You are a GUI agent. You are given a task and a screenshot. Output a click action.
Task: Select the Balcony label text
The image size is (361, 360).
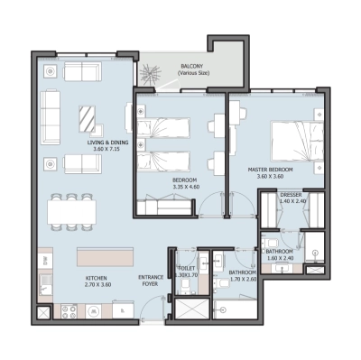(190, 67)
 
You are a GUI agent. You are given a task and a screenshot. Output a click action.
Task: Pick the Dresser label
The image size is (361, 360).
(290, 195)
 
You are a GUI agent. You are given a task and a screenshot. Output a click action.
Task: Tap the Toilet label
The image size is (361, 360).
(187, 268)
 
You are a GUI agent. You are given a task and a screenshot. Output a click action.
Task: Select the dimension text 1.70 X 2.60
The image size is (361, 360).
(242, 280)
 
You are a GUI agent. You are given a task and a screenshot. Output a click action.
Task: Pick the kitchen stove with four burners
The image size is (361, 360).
(69, 311)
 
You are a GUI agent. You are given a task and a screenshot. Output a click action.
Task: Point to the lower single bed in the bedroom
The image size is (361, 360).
(165, 163)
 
